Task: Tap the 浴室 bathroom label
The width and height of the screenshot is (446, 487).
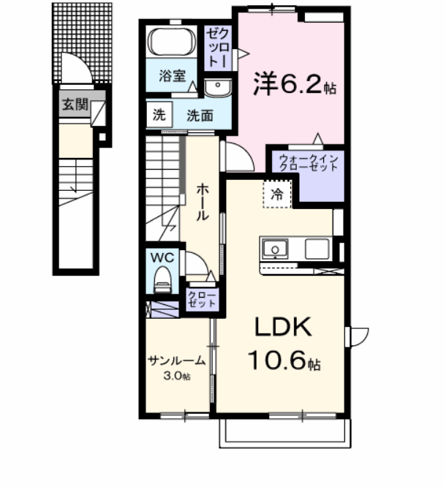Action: (173, 75)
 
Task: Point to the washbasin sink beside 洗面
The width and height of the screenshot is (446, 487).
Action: (217, 88)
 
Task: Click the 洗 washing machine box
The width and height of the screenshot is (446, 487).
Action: (159, 114)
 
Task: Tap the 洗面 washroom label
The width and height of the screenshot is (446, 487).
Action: (199, 115)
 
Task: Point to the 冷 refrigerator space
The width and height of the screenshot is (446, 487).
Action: (277, 195)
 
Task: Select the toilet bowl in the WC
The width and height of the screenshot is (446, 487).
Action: (162, 280)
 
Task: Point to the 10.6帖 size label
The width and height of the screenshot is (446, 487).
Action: (283, 360)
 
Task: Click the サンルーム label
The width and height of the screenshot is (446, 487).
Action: (176, 360)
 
